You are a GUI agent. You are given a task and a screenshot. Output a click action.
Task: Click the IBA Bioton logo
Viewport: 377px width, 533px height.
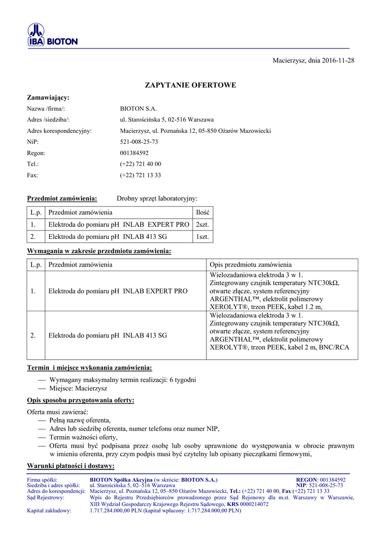point(52,35)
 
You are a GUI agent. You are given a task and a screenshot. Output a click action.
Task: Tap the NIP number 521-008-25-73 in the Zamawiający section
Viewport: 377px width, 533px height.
point(139,142)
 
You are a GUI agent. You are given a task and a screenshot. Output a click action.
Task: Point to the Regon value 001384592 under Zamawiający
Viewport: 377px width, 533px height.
point(134,153)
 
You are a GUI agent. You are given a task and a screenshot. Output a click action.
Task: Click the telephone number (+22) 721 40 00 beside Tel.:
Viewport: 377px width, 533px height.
point(140,164)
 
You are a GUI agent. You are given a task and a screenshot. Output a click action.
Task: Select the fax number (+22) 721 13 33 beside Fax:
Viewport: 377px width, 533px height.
point(140,175)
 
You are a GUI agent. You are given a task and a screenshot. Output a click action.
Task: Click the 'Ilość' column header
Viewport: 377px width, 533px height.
point(202,212)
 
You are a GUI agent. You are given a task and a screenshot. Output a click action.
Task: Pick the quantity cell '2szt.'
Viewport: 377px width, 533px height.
point(202,224)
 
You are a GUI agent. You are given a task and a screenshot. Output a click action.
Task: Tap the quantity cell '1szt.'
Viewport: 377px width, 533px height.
point(202,237)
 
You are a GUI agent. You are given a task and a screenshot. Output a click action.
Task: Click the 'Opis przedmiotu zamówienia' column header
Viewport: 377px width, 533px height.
point(251,264)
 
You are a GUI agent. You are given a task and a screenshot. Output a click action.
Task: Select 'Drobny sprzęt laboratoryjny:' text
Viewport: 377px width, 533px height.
point(157,198)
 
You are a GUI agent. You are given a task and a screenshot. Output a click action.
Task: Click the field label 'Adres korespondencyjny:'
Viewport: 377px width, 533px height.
point(59,131)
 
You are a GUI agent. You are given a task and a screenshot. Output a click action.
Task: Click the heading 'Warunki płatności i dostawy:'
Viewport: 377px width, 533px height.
point(71,465)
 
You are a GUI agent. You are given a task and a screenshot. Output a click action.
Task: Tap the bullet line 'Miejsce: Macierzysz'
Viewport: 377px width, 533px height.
point(78,389)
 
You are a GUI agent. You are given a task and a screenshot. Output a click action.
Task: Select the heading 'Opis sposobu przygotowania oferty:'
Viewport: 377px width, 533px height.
point(81,400)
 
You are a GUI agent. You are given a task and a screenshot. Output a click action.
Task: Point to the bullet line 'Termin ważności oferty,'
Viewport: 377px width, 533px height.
point(83,437)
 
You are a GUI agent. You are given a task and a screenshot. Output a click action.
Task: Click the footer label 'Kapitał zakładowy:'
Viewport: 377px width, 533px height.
point(49,511)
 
